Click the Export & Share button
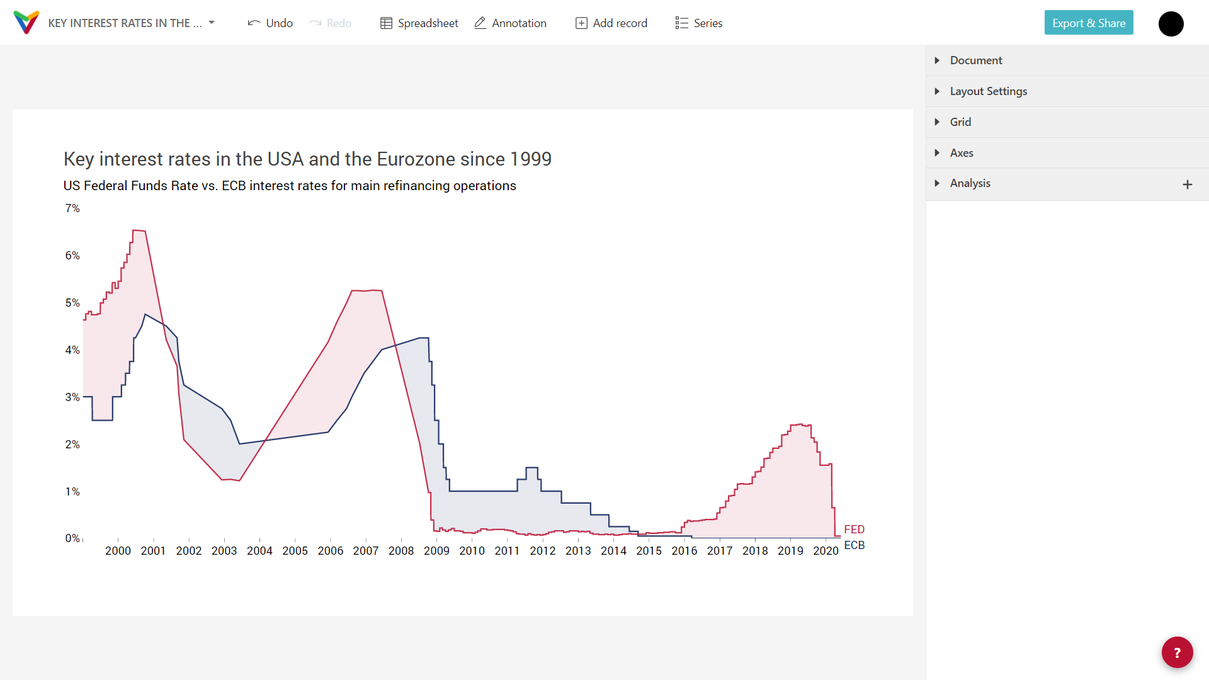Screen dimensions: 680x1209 [x=1088, y=23]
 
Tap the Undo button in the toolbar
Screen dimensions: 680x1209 [x=270, y=23]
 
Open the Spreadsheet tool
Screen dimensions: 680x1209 [x=419, y=23]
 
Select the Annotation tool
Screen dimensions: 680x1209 [x=510, y=23]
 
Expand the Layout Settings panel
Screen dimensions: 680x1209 [x=988, y=91]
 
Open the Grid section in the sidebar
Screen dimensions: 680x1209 [x=960, y=122]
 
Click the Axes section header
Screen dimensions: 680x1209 [x=962, y=153]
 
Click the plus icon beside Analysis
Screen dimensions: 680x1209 [x=1187, y=184]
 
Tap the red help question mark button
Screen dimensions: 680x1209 [x=1177, y=652]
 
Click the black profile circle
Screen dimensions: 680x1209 [x=1171, y=24]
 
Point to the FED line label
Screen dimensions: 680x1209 [x=854, y=530]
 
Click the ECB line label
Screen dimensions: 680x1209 [x=854, y=545]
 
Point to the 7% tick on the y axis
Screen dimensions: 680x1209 [x=72, y=208]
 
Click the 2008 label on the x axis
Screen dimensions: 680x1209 [x=401, y=551]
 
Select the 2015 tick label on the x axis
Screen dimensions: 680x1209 [x=649, y=551]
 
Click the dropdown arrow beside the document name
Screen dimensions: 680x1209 [x=212, y=23]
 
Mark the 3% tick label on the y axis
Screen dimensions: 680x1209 [x=72, y=397]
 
